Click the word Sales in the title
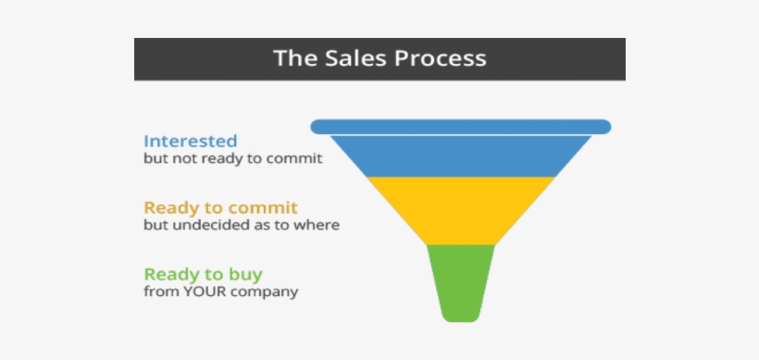[x=354, y=57]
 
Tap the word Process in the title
[x=441, y=57]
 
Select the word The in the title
[x=292, y=57]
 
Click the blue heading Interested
[x=190, y=142]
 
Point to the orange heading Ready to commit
[x=220, y=208]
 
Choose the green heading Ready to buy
[x=203, y=275]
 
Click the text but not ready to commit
[x=232, y=158]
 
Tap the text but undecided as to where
[x=241, y=225]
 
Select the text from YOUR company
[x=220, y=292]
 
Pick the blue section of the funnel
[x=460, y=155]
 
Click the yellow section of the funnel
[x=460, y=210]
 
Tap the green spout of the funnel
[x=460, y=282]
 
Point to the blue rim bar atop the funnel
[x=460, y=126]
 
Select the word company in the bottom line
[x=269, y=292]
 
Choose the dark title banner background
[x=185, y=57]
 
